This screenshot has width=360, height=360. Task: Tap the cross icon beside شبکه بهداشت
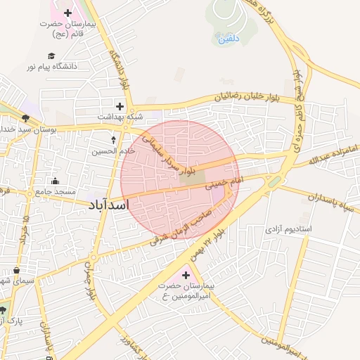(x=120, y=107)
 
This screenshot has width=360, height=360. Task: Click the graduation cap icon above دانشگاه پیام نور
(x=51, y=56)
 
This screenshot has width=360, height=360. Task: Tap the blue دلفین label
(x=229, y=39)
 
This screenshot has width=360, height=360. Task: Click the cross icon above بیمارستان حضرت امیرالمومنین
(x=186, y=274)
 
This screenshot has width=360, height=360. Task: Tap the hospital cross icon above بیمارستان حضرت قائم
(x=67, y=13)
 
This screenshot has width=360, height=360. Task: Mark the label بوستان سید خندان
(x=28, y=130)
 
